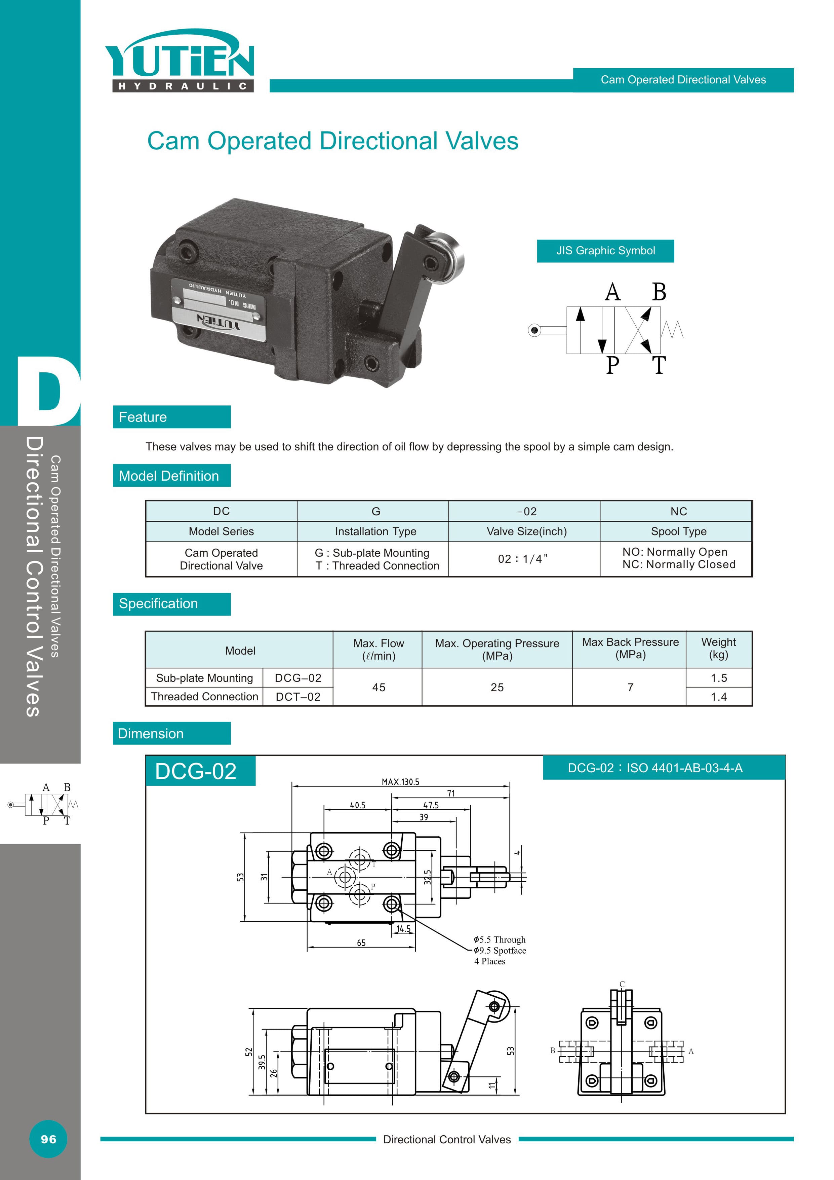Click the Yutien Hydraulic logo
pos(180,61)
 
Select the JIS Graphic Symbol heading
pos(605,251)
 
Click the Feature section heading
pos(171,417)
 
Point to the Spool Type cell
pos(678,531)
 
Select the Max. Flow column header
pos(379,650)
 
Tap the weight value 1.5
pos(718,678)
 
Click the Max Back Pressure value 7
pos(630,687)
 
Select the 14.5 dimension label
pos(403,929)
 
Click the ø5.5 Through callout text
pos(500,939)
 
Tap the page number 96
pos(48,1139)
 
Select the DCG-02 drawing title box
pos(200,771)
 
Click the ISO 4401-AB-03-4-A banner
pos(664,768)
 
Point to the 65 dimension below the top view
pos(361,943)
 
